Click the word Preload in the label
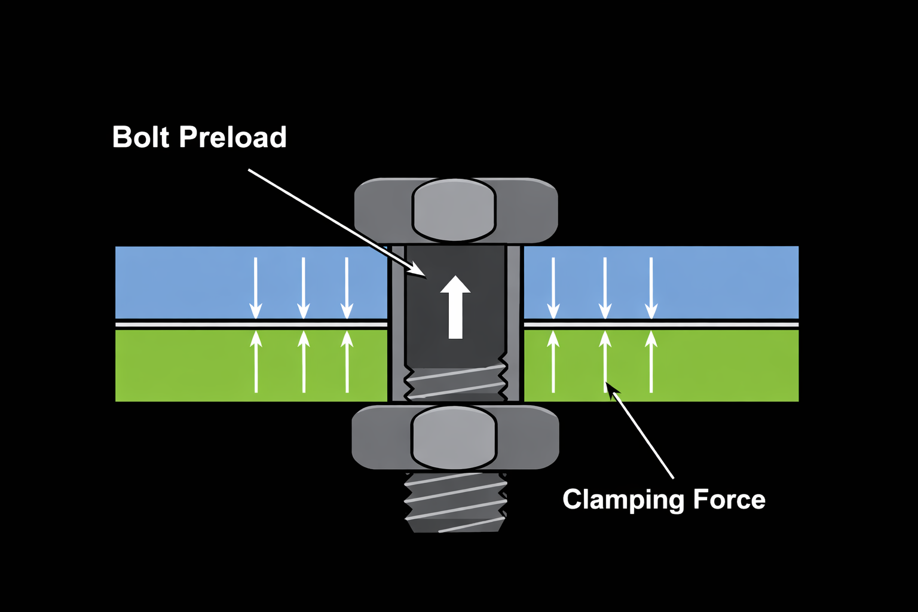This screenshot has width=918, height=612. coord(233,137)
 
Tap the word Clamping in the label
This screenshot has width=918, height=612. coord(623,500)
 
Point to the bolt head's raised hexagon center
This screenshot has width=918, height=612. coord(454,210)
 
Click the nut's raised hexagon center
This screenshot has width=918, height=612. coord(454,437)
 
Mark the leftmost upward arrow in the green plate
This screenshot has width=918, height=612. coord(256,362)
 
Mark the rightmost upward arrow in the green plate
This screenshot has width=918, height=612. coord(651,362)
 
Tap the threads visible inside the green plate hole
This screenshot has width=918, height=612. coord(455,383)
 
